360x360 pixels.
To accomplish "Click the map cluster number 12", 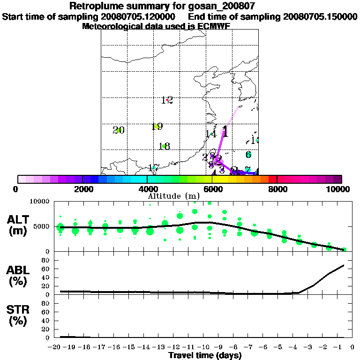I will pos(167,100).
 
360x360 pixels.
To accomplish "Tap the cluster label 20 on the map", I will pos(119,130).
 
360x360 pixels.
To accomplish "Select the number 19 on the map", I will pos(157,127).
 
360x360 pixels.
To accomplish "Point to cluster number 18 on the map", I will pos(164,146).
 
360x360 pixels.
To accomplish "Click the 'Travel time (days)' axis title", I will pos(205,355).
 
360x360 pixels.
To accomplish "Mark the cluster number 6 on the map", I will pos(248,154).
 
